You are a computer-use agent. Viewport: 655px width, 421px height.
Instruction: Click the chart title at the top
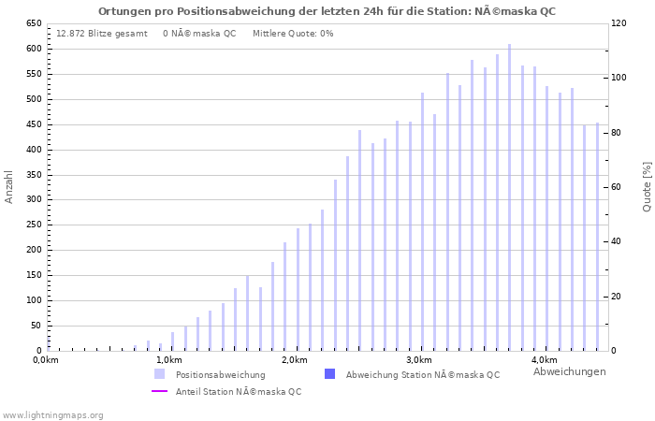click(x=327, y=10)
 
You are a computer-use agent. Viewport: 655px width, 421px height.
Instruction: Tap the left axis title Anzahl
click(x=9, y=186)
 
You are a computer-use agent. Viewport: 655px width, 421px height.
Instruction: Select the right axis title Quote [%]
click(x=647, y=186)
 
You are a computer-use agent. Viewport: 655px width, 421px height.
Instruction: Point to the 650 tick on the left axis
click(x=33, y=23)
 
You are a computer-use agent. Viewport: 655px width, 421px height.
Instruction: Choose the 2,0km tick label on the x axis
click(x=294, y=360)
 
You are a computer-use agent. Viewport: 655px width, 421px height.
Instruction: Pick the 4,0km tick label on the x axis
click(x=544, y=360)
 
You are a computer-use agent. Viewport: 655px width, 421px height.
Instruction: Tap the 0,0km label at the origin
click(x=46, y=360)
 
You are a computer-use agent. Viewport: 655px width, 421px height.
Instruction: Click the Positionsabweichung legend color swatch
click(x=160, y=374)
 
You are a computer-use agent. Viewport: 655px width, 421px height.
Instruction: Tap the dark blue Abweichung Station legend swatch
click(x=329, y=374)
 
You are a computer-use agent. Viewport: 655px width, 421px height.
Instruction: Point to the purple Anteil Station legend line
click(x=160, y=391)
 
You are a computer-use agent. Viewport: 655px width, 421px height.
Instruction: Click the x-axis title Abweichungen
click(x=569, y=371)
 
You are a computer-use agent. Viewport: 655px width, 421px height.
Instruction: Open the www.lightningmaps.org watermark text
click(x=53, y=414)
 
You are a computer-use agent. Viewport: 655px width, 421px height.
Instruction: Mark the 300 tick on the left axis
click(x=33, y=199)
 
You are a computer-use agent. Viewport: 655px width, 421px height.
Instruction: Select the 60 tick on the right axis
click(x=617, y=187)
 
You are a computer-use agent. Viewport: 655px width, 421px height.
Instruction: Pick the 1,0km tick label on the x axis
click(x=169, y=360)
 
